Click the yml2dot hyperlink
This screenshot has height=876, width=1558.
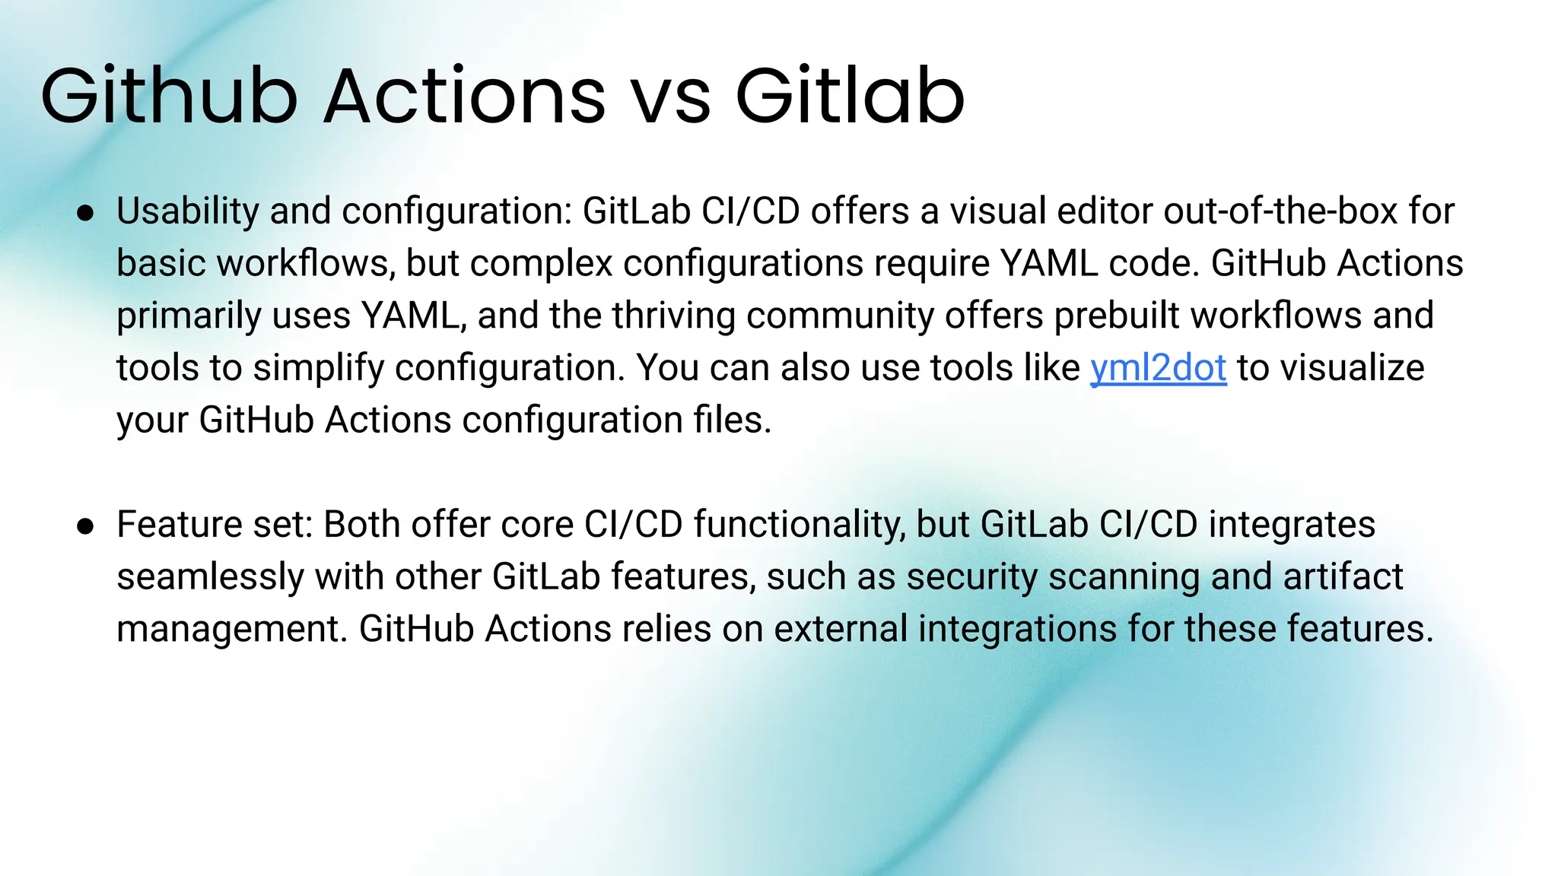[x=1158, y=369]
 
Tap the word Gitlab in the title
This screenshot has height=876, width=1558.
[x=850, y=97]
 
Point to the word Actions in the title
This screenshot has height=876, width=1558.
[x=464, y=97]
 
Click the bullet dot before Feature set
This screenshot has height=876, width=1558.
[x=85, y=526]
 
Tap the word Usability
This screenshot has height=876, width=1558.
[x=187, y=212]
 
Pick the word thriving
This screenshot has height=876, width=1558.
[x=673, y=316]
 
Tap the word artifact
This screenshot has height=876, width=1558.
[x=1343, y=577]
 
